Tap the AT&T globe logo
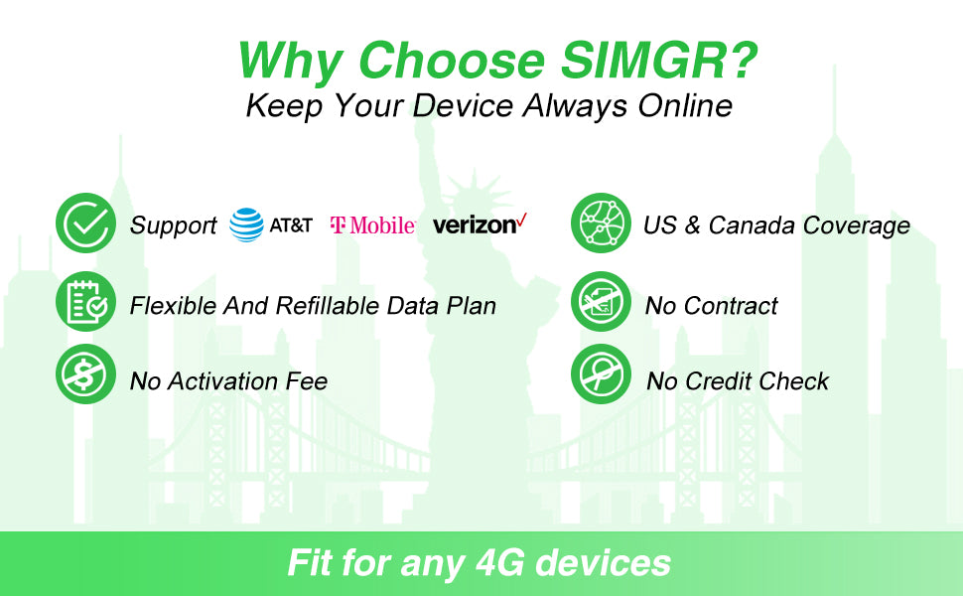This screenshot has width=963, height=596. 246,224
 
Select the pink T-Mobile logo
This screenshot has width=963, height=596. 372,225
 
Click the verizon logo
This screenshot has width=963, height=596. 475,225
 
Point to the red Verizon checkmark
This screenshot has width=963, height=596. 521,220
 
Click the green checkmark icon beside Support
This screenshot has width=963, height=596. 85,224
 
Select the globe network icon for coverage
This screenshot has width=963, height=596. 601,224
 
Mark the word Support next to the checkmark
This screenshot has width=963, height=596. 173,225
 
